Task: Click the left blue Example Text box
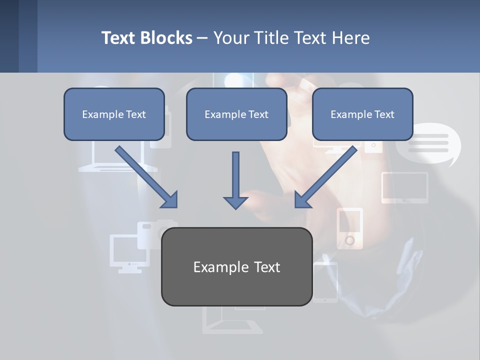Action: tap(114, 114)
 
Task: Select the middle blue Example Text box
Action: tap(236, 114)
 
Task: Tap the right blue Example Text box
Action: tap(362, 114)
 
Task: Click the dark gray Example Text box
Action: tap(236, 266)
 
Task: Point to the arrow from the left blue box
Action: tap(145, 176)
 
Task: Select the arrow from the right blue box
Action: tap(327, 176)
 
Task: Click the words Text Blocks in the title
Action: tap(146, 38)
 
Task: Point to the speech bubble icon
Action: tap(428, 143)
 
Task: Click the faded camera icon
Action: tap(155, 232)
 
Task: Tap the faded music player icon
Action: tap(349, 228)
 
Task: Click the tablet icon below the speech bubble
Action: tap(405, 187)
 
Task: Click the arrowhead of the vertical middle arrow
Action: tap(235, 202)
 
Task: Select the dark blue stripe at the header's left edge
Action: tap(9, 36)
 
